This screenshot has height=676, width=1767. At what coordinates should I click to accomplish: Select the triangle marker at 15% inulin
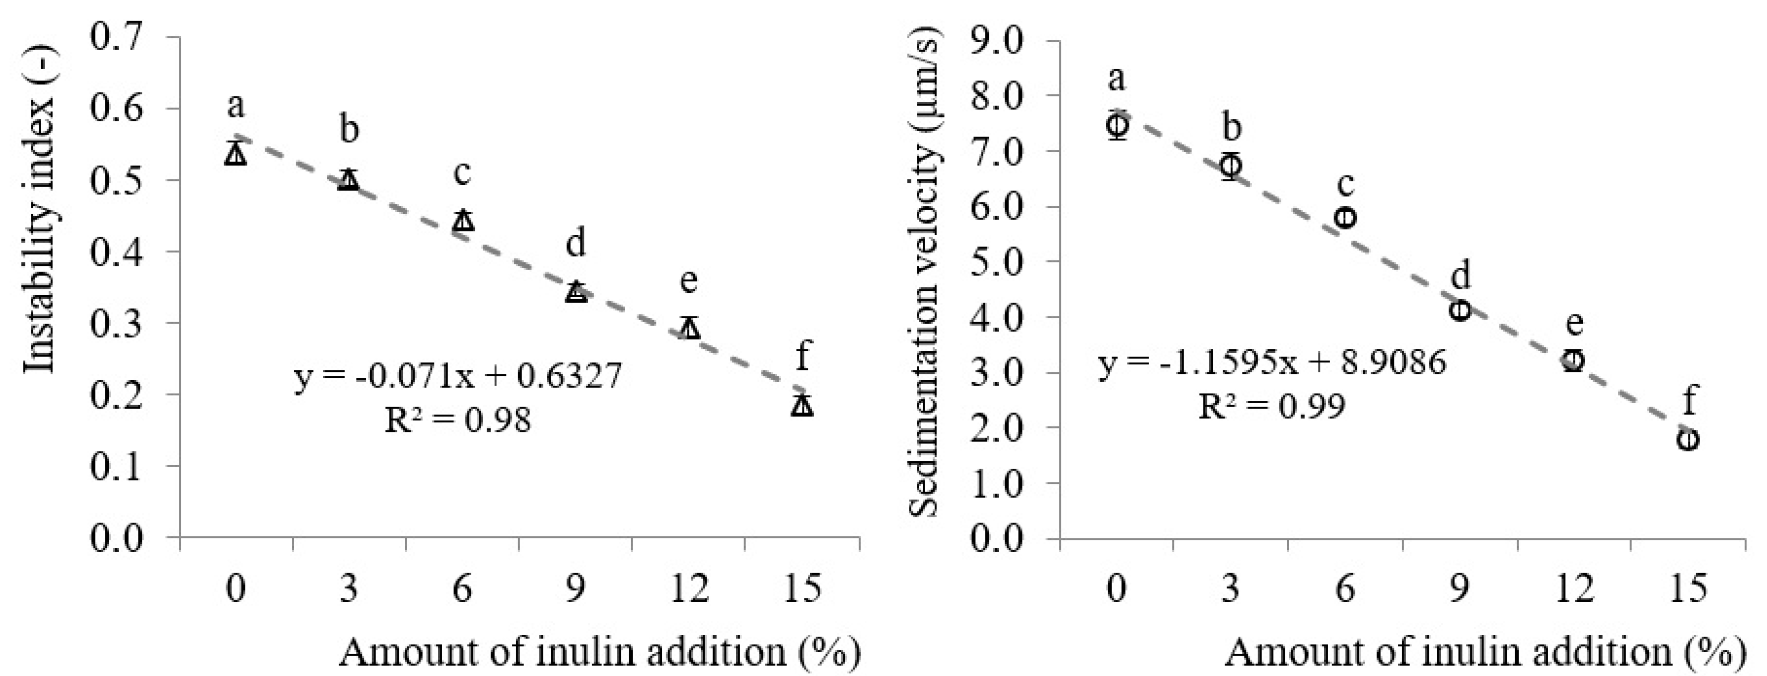[x=802, y=406]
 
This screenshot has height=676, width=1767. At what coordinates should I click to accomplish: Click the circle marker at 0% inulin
[x=1117, y=125]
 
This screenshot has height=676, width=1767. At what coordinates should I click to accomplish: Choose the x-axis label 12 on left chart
[x=689, y=589]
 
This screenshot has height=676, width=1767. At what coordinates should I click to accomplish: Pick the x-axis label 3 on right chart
[x=1231, y=589]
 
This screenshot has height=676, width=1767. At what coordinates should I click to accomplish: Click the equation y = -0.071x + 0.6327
[x=458, y=377]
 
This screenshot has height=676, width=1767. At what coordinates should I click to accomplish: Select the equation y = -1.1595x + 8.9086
[x=1272, y=362]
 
